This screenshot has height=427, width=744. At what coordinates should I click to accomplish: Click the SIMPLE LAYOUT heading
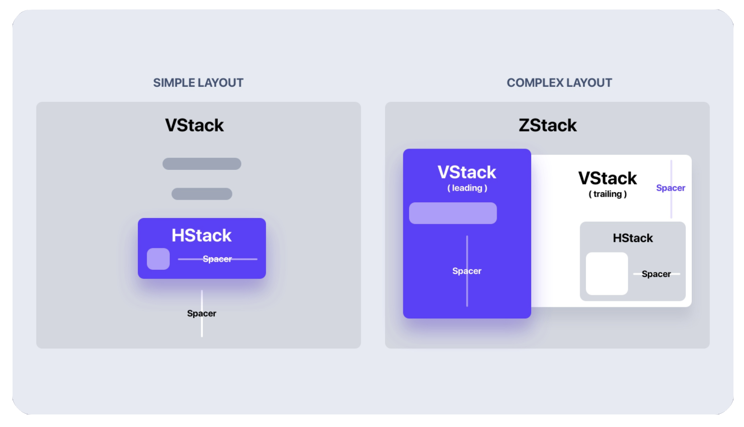pyautogui.click(x=198, y=83)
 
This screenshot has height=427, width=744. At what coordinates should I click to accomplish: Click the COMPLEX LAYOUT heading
pyautogui.click(x=559, y=83)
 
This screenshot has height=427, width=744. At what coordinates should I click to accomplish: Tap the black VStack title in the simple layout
pyautogui.click(x=194, y=125)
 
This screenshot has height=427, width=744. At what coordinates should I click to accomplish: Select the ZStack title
pyautogui.click(x=547, y=125)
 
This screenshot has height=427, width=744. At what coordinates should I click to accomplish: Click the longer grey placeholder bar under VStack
pyautogui.click(x=202, y=164)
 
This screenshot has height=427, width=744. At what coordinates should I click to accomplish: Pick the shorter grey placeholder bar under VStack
pyautogui.click(x=202, y=194)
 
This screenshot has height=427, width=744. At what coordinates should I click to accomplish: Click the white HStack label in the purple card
pyautogui.click(x=201, y=235)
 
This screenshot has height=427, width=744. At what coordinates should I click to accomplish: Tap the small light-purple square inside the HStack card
pyautogui.click(x=158, y=259)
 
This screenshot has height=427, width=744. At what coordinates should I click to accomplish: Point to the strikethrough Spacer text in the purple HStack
pyautogui.click(x=217, y=259)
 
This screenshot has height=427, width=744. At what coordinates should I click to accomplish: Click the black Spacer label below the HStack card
pyautogui.click(x=201, y=313)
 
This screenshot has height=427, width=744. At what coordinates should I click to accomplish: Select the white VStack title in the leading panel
pyautogui.click(x=467, y=172)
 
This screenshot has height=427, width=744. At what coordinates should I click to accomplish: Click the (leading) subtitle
pyautogui.click(x=467, y=188)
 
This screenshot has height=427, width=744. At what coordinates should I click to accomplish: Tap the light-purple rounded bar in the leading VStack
pyautogui.click(x=453, y=213)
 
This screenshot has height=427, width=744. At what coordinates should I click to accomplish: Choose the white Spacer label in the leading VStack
pyautogui.click(x=467, y=271)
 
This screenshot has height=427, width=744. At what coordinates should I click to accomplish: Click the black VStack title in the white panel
pyautogui.click(x=607, y=179)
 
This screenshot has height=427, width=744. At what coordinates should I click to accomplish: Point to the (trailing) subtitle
pyautogui.click(x=607, y=194)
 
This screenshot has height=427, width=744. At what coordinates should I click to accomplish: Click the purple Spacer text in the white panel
pyautogui.click(x=671, y=188)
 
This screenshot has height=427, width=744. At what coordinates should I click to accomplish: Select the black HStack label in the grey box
pyautogui.click(x=633, y=238)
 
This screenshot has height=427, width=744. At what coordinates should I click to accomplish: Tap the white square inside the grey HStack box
pyautogui.click(x=607, y=274)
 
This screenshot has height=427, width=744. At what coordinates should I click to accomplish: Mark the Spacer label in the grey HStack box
pyautogui.click(x=656, y=274)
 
